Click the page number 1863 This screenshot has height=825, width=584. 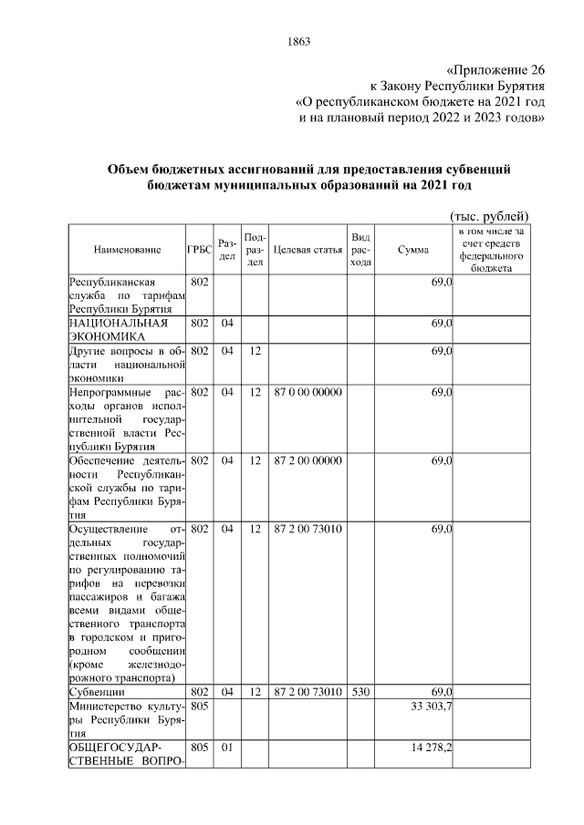tap(299, 41)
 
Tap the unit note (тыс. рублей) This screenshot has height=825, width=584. tap(489, 215)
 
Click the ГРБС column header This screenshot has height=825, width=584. tap(200, 249)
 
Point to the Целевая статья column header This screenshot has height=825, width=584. tap(308, 249)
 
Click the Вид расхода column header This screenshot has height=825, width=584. tap(360, 249)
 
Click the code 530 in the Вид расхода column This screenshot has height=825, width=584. tap(360, 692)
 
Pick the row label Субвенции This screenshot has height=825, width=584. tap(97, 692)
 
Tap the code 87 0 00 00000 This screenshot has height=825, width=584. tap(308, 392)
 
